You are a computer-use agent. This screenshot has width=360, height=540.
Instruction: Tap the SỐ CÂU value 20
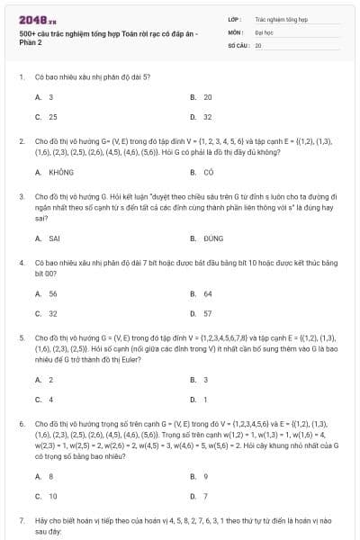pyautogui.click(x=258, y=44)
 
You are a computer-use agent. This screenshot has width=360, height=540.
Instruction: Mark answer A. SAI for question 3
pyautogui.click(x=48, y=238)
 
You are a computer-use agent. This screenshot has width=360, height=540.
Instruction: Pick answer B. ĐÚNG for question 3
pyautogui.click(x=206, y=238)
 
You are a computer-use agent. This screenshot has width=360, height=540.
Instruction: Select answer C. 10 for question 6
pyautogui.click(x=46, y=496)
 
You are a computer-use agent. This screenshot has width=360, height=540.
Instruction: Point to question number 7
pyautogui.click(x=22, y=521)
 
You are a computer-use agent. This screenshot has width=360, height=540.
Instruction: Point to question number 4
pyautogui.click(x=22, y=262)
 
